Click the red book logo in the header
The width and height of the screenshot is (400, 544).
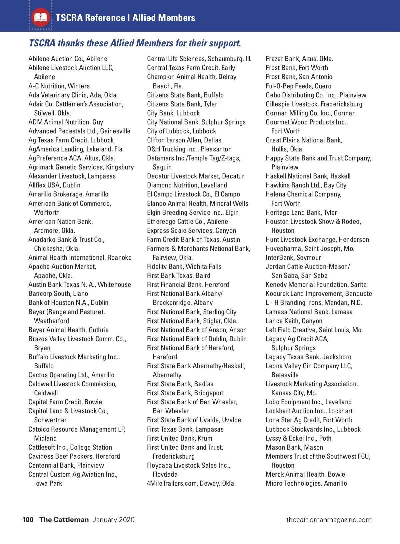[x=40, y=17]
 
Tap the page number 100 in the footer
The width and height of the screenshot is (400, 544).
[x=28, y=520]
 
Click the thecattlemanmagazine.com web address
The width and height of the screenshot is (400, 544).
[x=329, y=520]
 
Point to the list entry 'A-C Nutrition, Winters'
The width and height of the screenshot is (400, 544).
[x=59, y=86]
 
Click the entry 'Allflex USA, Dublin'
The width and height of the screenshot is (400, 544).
[x=54, y=185]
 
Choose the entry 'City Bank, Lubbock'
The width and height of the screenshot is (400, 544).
[x=173, y=113]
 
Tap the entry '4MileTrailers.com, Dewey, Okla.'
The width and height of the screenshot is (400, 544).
[x=191, y=483]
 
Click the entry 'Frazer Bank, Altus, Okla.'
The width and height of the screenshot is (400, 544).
[x=299, y=59]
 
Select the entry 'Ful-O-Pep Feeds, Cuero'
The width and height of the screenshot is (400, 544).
[x=298, y=86]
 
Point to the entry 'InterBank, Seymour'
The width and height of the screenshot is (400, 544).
[x=293, y=257]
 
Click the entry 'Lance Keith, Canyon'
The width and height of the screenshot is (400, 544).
[x=294, y=321]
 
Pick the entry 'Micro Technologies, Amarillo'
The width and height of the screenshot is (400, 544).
[x=306, y=483]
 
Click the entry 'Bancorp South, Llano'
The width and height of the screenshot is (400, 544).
[x=58, y=294]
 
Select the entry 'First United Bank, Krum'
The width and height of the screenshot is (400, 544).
[x=180, y=438]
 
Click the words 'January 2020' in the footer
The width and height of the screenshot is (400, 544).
[x=114, y=520]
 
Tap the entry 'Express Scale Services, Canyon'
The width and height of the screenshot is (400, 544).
[x=191, y=230]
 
